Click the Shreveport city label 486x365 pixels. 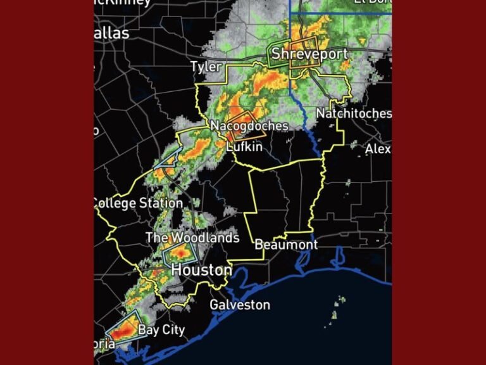[x=309, y=54]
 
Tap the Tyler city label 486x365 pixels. [x=206, y=67]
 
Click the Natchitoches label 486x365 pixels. [x=353, y=113]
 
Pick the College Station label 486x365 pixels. [x=137, y=203]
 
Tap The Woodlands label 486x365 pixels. [x=192, y=238]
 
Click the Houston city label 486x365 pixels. [x=202, y=270]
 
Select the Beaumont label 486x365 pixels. [x=286, y=244]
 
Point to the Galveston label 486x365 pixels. [x=240, y=305]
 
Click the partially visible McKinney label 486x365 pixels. [x=123, y=3]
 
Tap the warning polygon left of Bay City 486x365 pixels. [x=124, y=327]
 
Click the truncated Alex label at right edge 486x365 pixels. [x=378, y=149]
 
